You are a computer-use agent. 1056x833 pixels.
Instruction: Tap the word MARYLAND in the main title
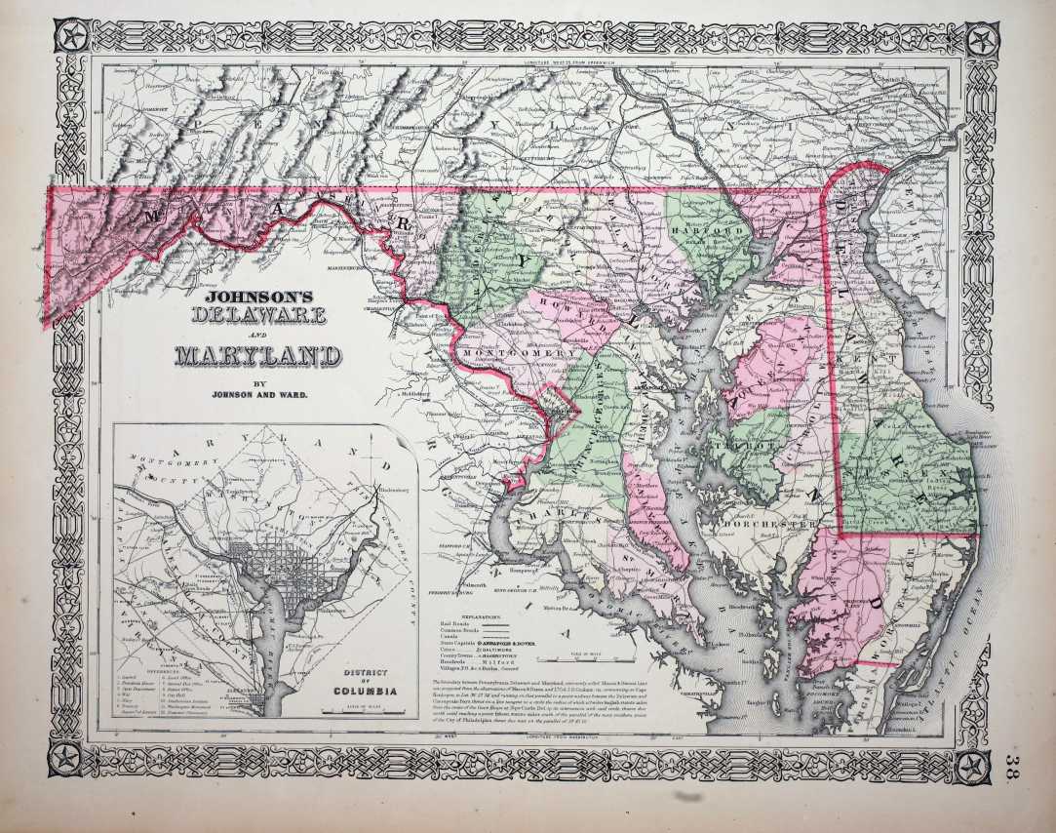(x=257, y=355)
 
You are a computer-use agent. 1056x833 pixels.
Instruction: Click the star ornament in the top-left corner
(x=73, y=40)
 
